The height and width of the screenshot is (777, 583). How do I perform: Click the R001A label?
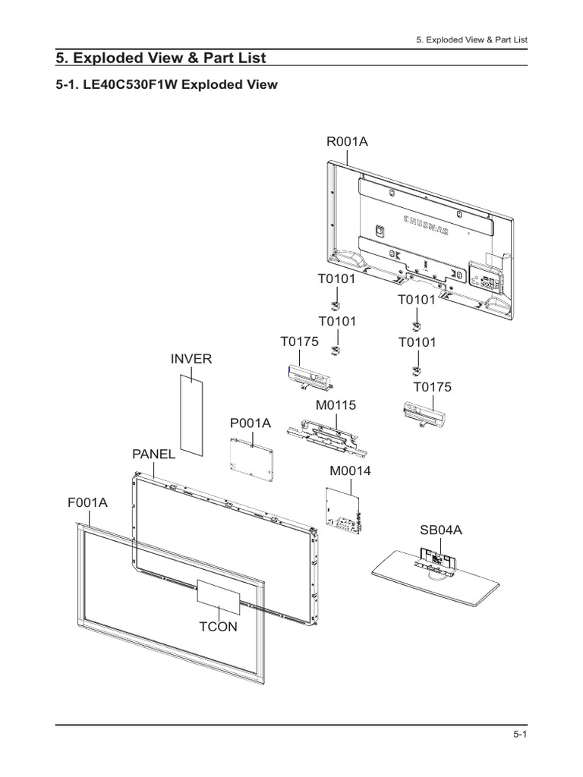[347, 141]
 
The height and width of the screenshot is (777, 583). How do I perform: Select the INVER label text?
[191, 358]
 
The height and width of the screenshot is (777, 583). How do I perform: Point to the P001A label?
[250, 423]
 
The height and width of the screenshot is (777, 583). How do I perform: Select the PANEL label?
[153, 454]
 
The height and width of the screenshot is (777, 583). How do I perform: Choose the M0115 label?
[336, 406]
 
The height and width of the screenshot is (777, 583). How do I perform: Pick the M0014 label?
[350, 471]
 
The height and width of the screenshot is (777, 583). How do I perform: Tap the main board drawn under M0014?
[345, 508]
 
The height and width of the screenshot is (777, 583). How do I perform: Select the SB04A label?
[441, 530]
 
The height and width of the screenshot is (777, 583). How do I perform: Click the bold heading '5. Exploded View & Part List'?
[162, 58]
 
